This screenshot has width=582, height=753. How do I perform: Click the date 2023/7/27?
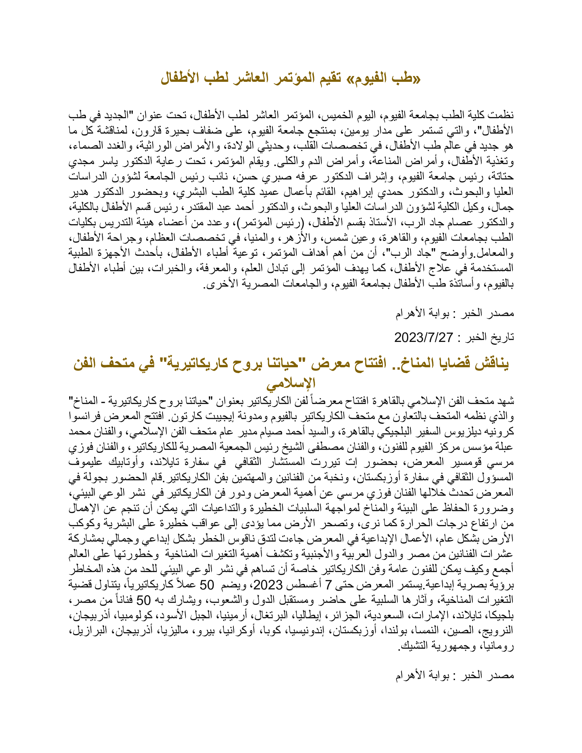(423, 337)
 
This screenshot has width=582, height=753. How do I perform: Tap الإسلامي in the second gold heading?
(291, 383)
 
